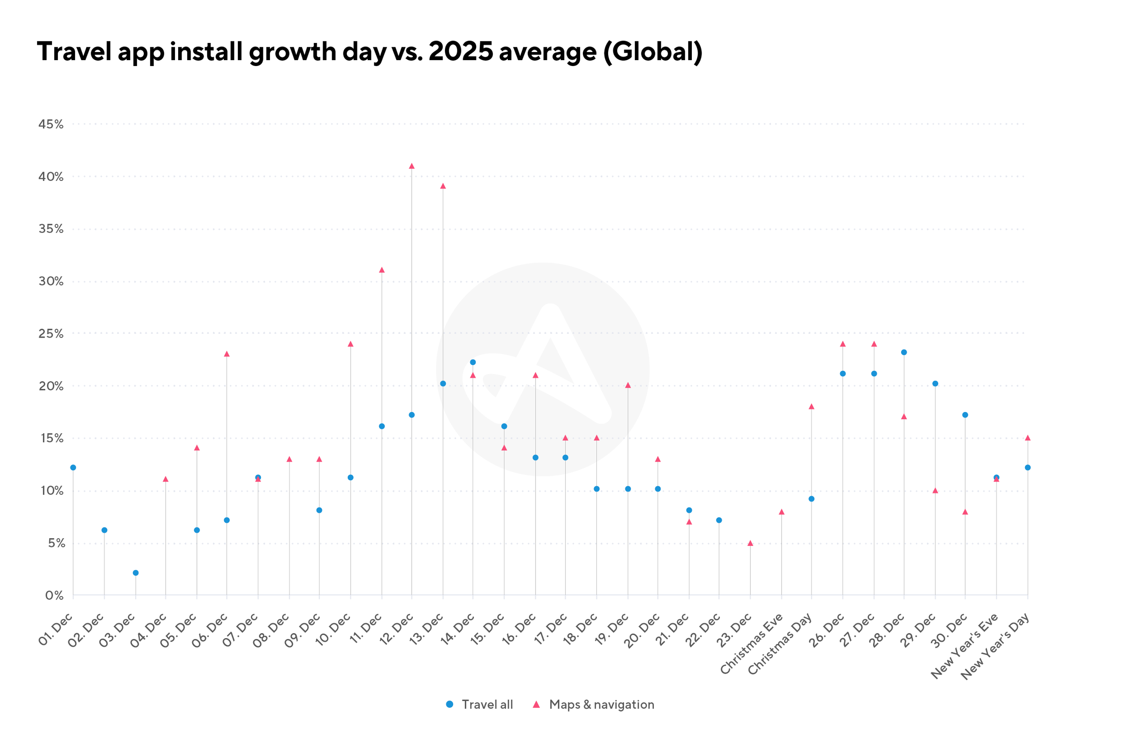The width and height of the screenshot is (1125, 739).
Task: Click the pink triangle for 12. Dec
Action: click(412, 166)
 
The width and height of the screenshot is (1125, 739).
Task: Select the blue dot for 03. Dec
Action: click(136, 573)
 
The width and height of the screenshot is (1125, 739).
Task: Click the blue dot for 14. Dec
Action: click(473, 362)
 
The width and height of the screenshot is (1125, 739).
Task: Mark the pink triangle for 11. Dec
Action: click(382, 270)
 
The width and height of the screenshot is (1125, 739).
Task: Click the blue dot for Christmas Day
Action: click(812, 499)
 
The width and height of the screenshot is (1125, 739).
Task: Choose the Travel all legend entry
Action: click(479, 705)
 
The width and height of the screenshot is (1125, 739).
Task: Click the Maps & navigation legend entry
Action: click(594, 705)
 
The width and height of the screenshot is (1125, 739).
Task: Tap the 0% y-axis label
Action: click(54, 596)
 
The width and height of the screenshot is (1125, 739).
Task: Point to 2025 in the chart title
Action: click(461, 52)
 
